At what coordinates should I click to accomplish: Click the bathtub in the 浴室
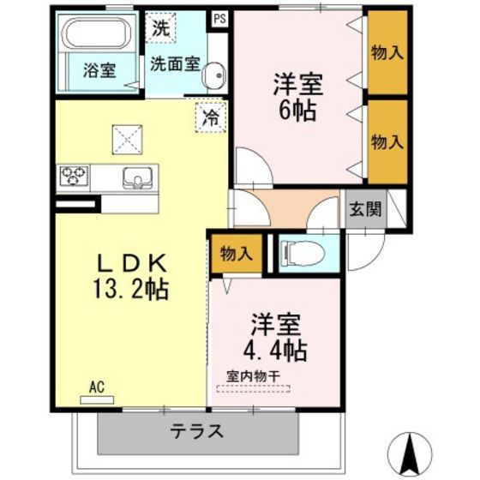point(97,33)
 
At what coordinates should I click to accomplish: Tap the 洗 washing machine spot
point(161,27)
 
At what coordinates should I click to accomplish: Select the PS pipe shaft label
point(219,19)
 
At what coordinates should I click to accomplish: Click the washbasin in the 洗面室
point(214,75)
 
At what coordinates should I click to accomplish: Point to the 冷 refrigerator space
point(211,117)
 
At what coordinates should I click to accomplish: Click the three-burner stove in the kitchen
point(74,176)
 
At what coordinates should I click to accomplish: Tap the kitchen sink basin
point(138,178)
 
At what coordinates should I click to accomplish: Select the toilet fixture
point(303,254)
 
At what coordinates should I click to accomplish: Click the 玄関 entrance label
point(365,210)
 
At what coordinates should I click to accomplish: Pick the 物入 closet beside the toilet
point(237,254)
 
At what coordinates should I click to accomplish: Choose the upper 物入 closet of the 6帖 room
point(387,52)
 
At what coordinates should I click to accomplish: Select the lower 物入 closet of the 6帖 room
point(387,142)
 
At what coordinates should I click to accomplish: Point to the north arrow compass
point(410,455)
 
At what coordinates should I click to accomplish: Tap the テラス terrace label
point(197,431)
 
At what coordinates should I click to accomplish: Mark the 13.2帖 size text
point(131,289)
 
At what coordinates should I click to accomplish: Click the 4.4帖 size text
point(275,351)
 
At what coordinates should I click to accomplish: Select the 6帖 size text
point(297,111)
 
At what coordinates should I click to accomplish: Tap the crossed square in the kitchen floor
point(128,140)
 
